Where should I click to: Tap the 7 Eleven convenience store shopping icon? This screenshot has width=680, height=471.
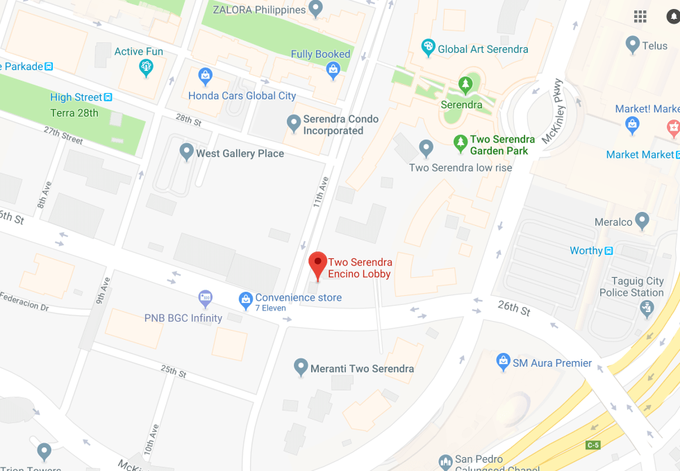pyautogui.click(x=245, y=300)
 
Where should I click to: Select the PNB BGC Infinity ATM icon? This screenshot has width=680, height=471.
pyautogui.click(x=205, y=299)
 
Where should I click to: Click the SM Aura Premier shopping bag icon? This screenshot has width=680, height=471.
pyautogui.click(x=504, y=361)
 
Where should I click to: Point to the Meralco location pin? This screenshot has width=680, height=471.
pyautogui.click(x=642, y=221)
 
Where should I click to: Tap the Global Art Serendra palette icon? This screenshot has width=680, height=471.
pyautogui.click(x=429, y=48)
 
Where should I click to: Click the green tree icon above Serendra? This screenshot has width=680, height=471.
pyautogui.click(x=465, y=85)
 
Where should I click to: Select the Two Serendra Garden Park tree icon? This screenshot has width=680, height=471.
pyautogui.click(x=460, y=144)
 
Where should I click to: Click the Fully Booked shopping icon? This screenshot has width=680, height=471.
pyautogui.click(x=333, y=69)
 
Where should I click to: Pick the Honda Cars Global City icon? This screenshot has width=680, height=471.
pyautogui.click(x=205, y=75)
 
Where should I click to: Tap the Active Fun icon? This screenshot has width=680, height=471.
pyautogui.click(x=146, y=67)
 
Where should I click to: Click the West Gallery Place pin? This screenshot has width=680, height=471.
pyautogui.click(x=186, y=151)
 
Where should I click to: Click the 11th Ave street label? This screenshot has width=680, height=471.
pyautogui.click(x=320, y=192)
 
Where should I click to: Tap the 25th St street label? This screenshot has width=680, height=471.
pyautogui.click(x=174, y=371)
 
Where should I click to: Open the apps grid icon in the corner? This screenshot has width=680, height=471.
pyautogui.click(x=640, y=17)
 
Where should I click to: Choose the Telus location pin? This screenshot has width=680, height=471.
pyautogui.click(x=632, y=45)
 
